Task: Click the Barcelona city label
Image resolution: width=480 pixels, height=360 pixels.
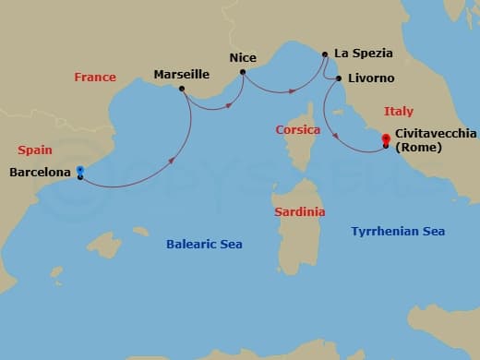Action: (x=42, y=172)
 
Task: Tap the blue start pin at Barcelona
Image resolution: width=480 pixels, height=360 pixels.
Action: (x=80, y=172)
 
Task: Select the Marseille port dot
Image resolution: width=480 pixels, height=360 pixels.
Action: (x=182, y=90)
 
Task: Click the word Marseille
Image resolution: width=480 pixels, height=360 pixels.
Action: (x=182, y=74)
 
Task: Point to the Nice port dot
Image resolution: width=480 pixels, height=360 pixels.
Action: (x=243, y=72)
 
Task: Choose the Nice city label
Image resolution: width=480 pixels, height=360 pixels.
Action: (x=243, y=56)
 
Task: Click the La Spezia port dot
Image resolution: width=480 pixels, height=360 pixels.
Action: (x=325, y=54)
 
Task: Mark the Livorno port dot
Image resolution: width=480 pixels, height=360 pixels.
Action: (x=339, y=79)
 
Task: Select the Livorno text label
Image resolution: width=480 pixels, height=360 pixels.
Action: (x=371, y=79)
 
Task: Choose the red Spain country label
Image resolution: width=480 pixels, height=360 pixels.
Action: (x=34, y=150)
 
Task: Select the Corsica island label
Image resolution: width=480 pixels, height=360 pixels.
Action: (x=298, y=130)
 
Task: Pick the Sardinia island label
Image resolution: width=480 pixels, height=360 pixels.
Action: (x=300, y=211)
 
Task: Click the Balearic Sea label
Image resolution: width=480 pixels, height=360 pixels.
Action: (x=204, y=244)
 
